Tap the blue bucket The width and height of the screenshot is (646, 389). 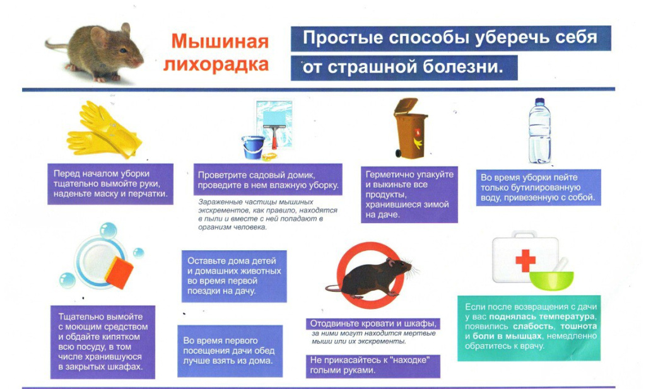[252, 148]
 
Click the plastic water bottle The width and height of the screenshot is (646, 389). [540, 131]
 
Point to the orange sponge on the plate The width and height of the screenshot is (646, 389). [119, 271]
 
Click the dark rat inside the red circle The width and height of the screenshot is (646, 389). [371, 276]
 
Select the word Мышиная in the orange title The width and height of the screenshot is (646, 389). [220, 42]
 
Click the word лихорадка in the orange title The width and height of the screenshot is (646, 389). [216, 64]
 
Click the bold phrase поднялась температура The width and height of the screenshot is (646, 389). [542, 316]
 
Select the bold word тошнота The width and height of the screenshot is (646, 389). [578, 326]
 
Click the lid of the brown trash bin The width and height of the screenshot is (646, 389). [406, 105]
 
